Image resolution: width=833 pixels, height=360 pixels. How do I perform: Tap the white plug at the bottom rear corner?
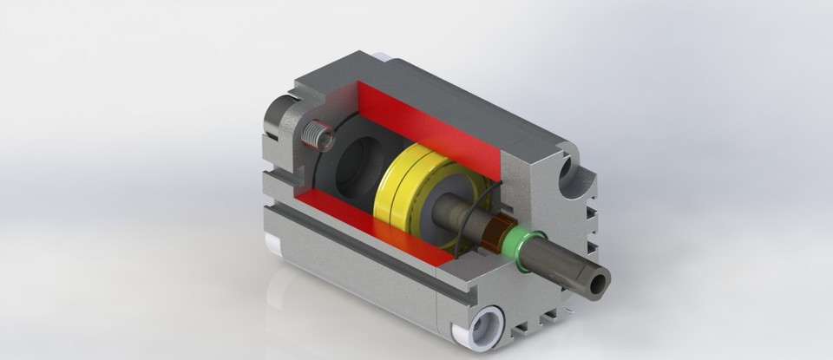[271, 245]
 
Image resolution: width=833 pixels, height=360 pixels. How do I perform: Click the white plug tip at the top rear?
[382, 59]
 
